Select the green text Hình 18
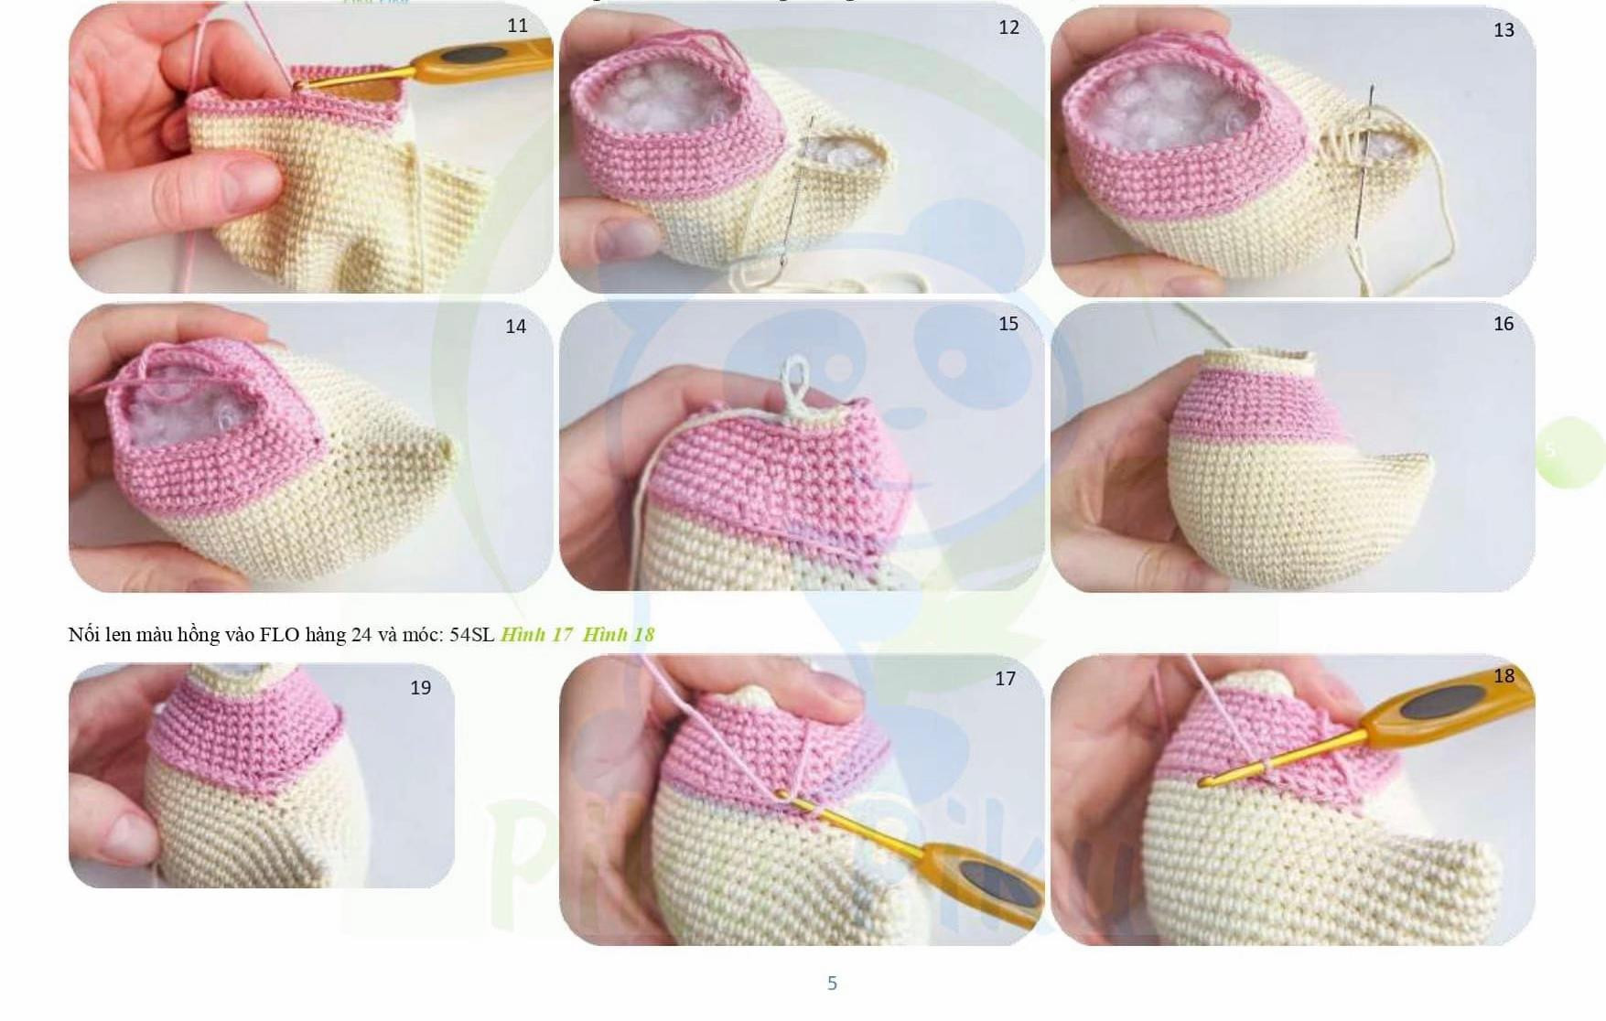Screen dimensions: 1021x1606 click(619, 635)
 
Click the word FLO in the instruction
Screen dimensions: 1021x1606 click(279, 635)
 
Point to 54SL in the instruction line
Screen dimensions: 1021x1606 click(471, 635)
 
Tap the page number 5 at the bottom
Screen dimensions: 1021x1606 click(832, 983)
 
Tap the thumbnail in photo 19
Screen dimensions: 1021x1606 click(117, 833)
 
